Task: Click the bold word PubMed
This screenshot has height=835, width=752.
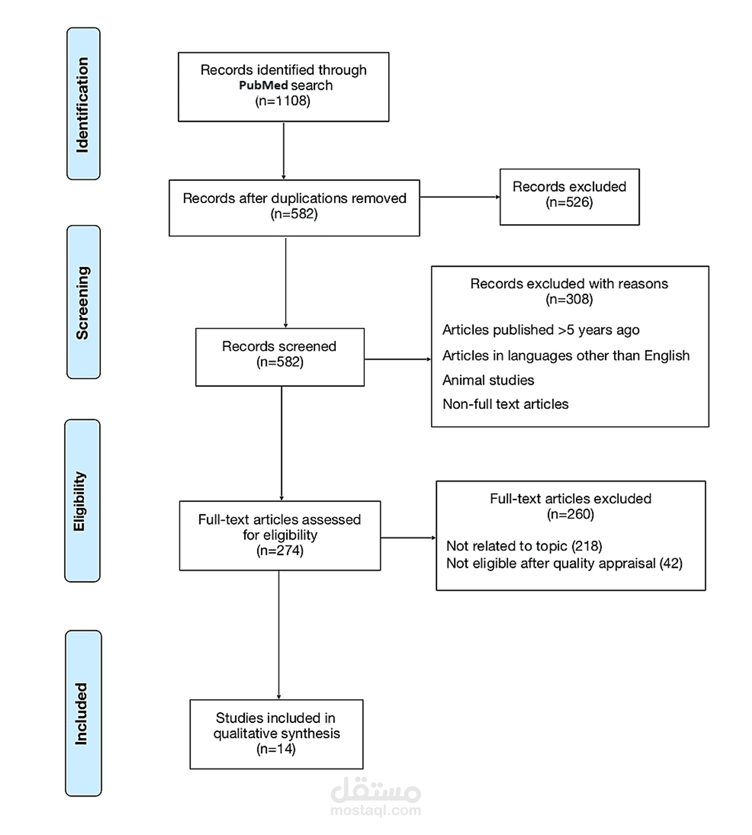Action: click(x=263, y=85)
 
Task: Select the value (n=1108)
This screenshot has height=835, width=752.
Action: click(x=283, y=101)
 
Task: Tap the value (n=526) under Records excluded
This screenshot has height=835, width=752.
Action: click(x=569, y=202)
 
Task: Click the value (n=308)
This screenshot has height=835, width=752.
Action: click(x=569, y=299)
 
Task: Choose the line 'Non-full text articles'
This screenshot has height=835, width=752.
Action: click(x=505, y=404)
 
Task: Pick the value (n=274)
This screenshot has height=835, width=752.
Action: click(x=280, y=550)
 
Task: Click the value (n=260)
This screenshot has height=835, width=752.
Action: click(x=570, y=514)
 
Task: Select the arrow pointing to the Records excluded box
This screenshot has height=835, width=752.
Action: click(x=459, y=197)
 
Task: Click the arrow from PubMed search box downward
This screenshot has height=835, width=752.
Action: click(x=284, y=151)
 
